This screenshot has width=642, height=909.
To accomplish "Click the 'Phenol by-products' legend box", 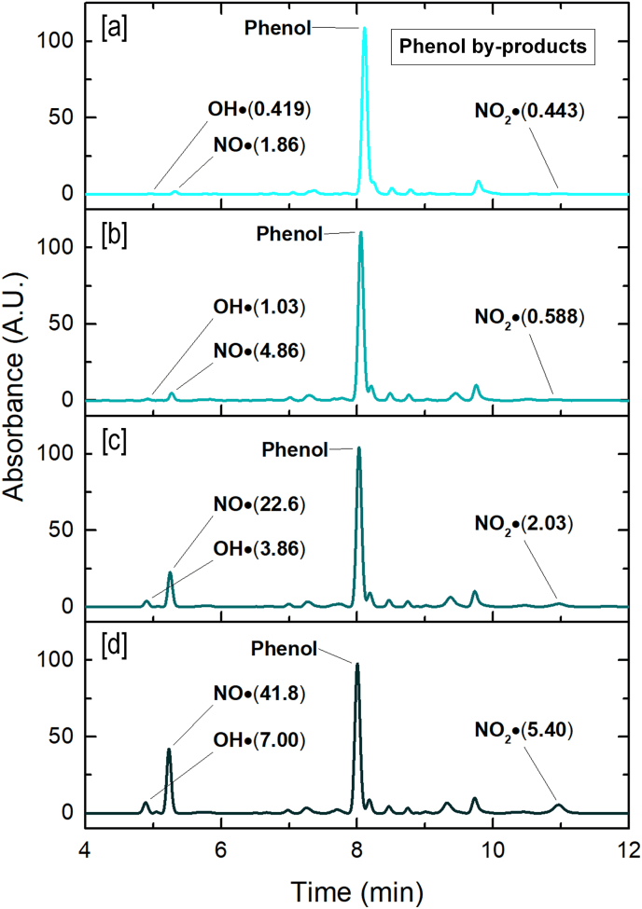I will tap(497, 47).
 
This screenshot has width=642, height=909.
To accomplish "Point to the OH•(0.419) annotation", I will tap(258, 110).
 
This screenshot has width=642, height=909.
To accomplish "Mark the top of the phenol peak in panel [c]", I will tap(359, 448).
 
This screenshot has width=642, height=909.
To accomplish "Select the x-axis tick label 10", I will tap(493, 850).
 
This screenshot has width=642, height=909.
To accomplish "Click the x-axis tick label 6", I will tap(221, 850).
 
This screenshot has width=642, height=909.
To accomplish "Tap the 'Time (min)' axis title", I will tap(357, 887).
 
